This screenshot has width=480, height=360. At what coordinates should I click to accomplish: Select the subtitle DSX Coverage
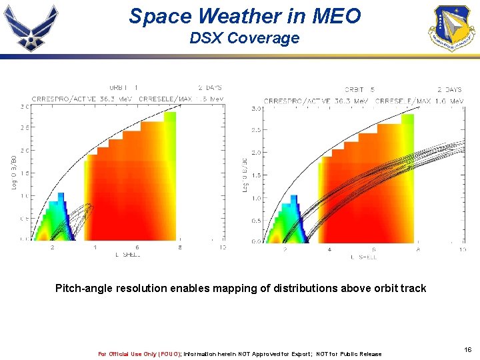click(244, 39)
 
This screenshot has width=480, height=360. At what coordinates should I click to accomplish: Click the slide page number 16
click(467, 349)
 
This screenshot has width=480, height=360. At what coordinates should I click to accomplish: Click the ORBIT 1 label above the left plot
click(124, 87)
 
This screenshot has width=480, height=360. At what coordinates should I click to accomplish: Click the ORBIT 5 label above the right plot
click(359, 89)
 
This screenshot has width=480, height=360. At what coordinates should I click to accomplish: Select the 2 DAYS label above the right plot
click(449, 89)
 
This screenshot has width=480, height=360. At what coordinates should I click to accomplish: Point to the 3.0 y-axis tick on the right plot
click(256, 108)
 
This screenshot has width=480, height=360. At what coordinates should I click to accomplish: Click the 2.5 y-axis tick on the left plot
click(24, 127)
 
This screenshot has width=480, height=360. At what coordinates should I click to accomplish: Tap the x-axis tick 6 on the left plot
click(137, 247)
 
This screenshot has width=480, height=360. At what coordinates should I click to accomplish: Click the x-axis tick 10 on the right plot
click(462, 249)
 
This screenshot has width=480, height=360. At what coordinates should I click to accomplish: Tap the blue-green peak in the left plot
click(61, 197)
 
